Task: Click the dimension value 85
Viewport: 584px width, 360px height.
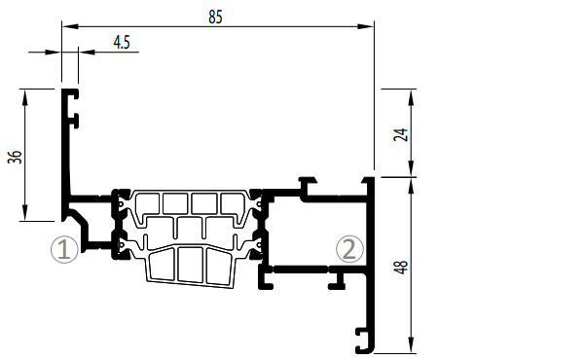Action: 216,17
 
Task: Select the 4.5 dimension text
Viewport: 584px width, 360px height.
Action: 122,43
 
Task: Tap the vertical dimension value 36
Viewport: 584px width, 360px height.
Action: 15,157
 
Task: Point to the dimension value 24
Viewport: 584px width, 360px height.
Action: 401,134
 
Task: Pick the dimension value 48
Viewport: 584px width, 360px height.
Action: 401,267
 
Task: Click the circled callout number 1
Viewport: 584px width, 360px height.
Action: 64,249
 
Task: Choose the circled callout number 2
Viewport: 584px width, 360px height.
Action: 349,249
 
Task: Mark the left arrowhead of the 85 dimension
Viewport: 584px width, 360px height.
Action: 70,26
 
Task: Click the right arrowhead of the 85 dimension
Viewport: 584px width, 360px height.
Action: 365,26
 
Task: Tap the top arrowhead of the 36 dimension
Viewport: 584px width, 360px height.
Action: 25,97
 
